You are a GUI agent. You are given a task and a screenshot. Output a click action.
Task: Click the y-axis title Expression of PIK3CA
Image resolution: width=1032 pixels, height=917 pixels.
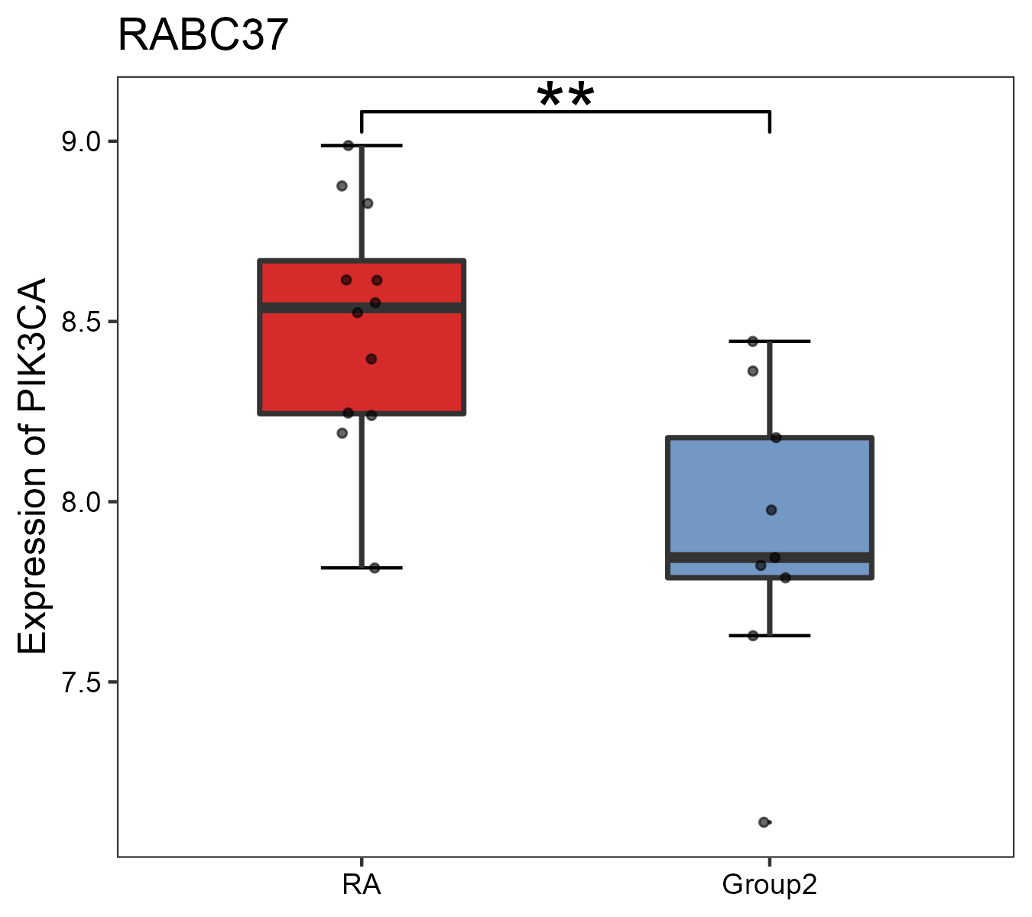tap(32, 465)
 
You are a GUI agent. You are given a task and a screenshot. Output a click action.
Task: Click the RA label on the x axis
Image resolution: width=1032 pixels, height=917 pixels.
tap(361, 886)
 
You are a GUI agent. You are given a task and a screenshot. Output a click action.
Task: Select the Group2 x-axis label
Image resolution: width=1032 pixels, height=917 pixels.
tap(769, 886)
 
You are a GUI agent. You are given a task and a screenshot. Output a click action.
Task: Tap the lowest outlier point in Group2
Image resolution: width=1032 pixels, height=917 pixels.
tap(764, 822)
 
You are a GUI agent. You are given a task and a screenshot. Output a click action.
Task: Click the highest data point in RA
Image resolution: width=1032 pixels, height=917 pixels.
tap(349, 145)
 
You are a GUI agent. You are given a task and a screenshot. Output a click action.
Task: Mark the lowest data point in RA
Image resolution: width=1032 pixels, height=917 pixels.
tap(375, 568)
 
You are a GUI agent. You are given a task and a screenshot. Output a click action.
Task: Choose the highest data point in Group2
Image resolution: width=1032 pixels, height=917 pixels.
tap(752, 341)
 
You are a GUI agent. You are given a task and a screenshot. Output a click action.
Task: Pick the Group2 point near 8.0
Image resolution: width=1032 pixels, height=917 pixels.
tap(771, 510)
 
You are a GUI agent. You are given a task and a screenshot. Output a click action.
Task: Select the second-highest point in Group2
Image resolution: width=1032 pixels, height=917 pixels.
tap(753, 371)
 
